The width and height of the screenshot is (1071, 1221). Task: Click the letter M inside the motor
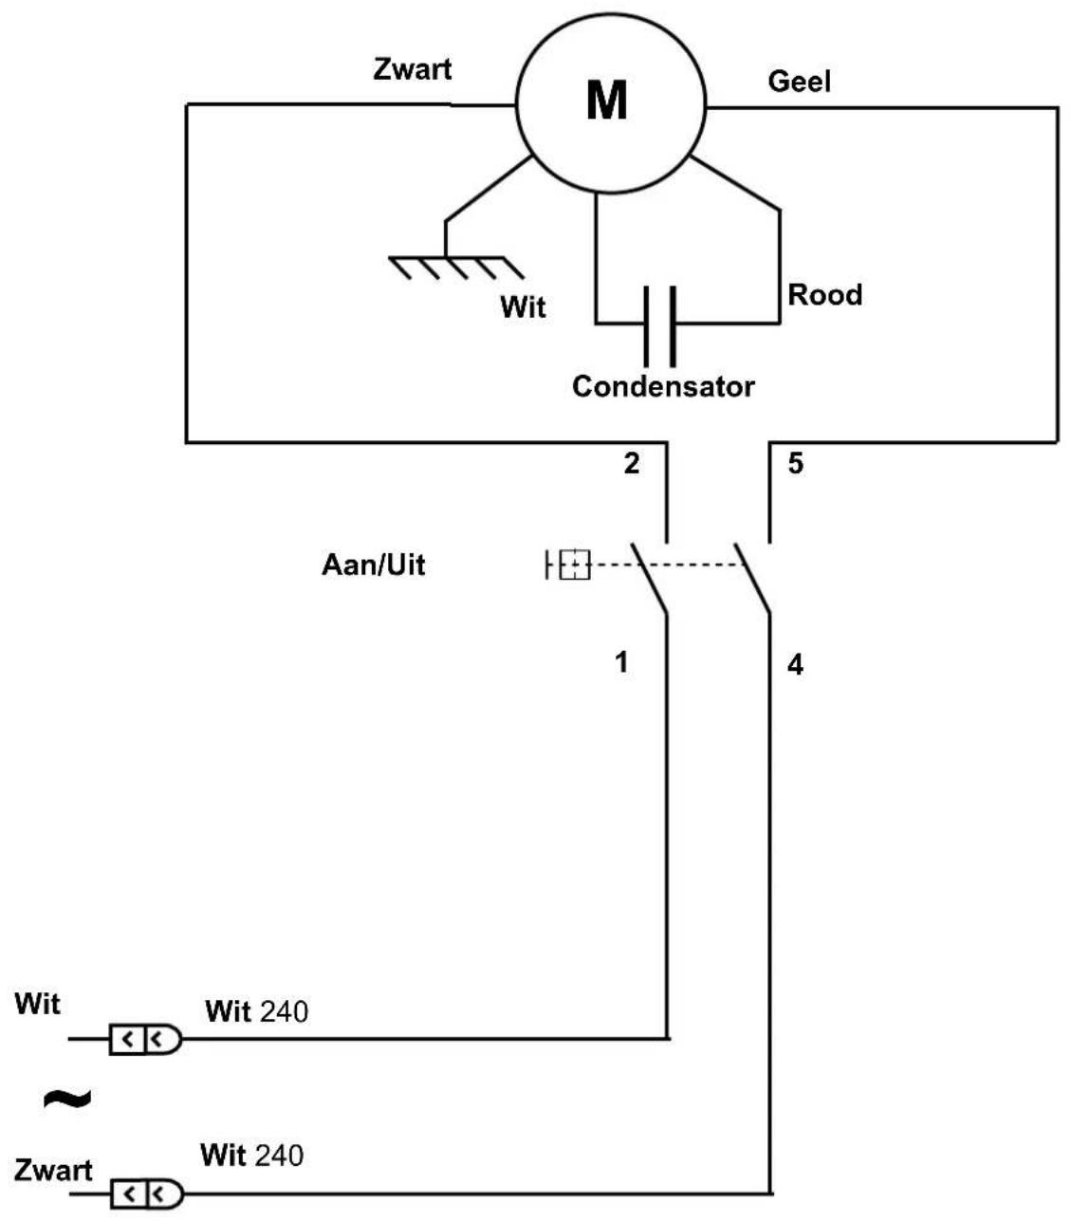606,100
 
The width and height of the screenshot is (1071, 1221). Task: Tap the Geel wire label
799,82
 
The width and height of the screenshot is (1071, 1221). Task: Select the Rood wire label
824,295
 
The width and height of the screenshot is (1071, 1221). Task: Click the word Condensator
663,386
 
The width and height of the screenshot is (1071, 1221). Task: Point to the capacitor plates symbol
659,326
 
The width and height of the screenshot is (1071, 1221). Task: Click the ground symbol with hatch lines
455,268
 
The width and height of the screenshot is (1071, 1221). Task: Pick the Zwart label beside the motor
413,68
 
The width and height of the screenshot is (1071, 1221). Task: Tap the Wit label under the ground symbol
523,306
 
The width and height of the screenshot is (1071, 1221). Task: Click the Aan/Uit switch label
374,564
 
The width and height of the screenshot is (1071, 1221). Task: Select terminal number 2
631,464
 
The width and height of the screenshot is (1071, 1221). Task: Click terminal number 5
796,464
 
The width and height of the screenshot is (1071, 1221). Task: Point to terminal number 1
621,662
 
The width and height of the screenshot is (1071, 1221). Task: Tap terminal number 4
795,665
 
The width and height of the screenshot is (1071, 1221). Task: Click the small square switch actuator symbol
574,564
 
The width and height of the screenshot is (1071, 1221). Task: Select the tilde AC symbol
67,1099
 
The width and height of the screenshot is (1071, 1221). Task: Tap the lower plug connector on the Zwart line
146,1193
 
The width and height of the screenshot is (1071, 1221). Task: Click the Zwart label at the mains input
53,1170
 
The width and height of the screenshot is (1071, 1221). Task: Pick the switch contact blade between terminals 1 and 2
649,579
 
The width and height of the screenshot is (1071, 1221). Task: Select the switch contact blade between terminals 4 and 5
751,579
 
